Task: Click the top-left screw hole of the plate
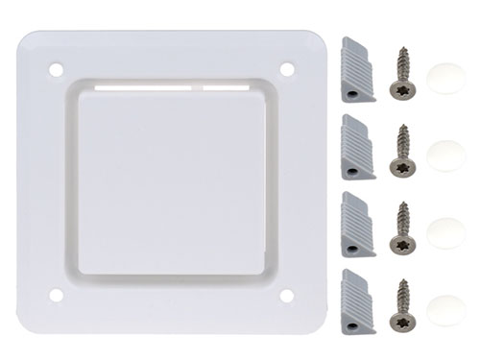click(x=56, y=70)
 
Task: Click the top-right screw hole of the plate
click(x=286, y=69)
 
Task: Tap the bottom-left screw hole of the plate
click(x=56, y=296)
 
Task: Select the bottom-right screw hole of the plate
click(x=286, y=296)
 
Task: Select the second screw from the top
click(x=402, y=152)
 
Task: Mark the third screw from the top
click(x=402, y=228)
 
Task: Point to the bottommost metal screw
click(x=402, y=306)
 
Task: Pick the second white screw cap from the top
click(x=446, y=155)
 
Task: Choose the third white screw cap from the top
click(x=446, y=231)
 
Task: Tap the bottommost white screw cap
click(x=446, y=310)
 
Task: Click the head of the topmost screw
click(x=402, y=89)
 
